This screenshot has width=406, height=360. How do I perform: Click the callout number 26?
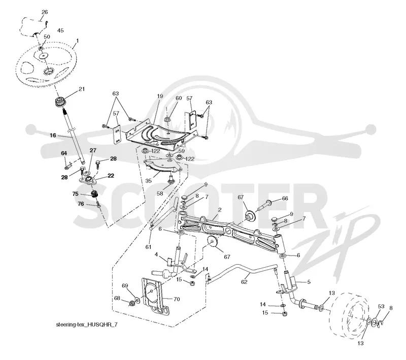pos(45,12)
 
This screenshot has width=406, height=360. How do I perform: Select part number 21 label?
pos(82,89)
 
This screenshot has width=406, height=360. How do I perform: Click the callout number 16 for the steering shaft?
pos(53,135)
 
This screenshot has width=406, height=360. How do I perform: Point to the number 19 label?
pos(160,96)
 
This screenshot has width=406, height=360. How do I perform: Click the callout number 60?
pos(179,98)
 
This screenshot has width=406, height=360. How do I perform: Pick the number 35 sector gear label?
pos(148,181)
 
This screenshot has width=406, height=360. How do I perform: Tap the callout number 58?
pos(160,193)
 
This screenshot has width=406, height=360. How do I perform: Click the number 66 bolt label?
pos(285,198)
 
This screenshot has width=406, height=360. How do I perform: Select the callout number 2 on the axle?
pos(220,210)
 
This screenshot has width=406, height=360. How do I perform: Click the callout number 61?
pos(148,247)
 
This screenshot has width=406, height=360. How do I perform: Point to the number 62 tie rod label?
pos(244,281)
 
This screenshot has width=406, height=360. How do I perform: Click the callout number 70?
pos(177,299)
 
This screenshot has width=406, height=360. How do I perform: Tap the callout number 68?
pos(117,298)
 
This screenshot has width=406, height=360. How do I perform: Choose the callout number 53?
pos(381,306)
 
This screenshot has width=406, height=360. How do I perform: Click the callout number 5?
pos(309,282)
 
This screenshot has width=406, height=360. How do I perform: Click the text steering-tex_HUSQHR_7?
pos(86,325)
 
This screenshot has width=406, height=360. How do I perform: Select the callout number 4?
pos(156,255)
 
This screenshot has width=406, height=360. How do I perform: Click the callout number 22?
pos(111,175)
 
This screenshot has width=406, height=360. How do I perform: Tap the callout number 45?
pos(60,30)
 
